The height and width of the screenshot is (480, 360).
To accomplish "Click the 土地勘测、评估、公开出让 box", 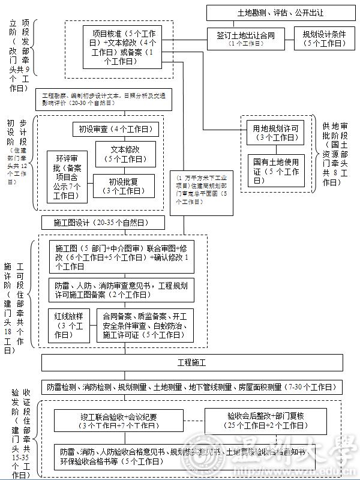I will (x=281, y=13).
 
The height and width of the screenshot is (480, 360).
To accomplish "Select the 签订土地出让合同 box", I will (x=246, y=39).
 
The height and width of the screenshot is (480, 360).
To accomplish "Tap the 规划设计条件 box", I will (x=325, y=39).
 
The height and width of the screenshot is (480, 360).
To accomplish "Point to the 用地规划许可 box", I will (x=277, y=132).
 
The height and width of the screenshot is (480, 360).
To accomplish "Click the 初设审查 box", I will (x=115, y=129).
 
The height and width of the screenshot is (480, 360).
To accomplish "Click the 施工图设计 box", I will (x=103, y=223).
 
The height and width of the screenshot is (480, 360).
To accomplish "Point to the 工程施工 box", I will (x=192, y=363).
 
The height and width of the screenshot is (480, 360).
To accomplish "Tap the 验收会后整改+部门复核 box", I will (x=267, y=421).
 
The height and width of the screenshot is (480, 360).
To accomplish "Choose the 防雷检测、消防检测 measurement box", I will (x=192, y=387).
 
